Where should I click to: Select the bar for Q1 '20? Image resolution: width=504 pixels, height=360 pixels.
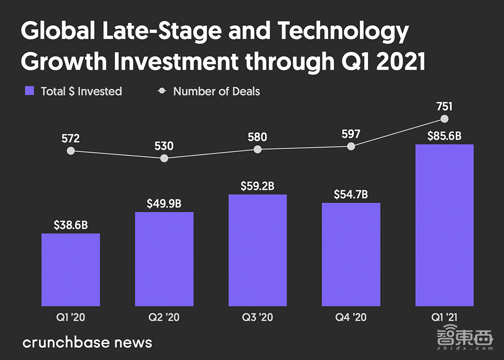(x=71, y=269)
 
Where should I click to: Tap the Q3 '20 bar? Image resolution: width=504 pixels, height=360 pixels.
(x=258, y=250)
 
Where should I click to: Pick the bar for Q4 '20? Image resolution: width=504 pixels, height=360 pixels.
(x=351, y=254)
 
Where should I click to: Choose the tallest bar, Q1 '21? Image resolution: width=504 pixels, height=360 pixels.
(x=444, y=225)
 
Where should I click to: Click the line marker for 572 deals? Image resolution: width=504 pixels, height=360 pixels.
(x=71, y=151)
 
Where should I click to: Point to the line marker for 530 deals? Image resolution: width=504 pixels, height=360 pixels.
(x=164, y=158)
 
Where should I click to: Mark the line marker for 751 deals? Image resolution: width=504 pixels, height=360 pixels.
(x=444, y=119)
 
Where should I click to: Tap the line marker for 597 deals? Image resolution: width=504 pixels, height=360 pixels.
(x=351, y=146)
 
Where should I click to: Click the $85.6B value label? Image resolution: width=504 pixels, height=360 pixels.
(x=444, y=136)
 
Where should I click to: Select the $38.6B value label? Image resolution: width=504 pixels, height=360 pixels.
(x=71, y=225)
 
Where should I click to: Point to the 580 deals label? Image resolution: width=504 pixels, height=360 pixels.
(x=258, y=137)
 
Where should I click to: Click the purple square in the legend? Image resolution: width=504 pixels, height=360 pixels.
(x=30, y=91)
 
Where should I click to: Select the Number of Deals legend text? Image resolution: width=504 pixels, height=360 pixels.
(x=217, y=91)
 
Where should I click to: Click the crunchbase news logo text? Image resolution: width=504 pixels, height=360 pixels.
(x=87, y=343)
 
